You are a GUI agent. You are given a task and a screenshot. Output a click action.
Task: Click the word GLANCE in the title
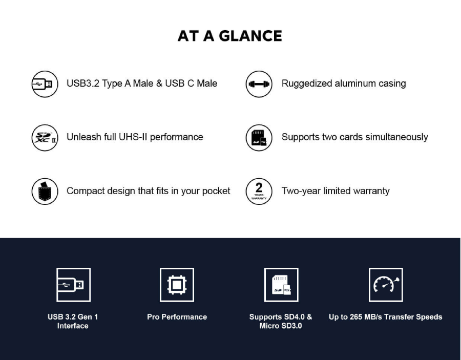(x=250, y=36)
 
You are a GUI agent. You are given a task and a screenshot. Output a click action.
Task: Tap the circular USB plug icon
(x=45, y=84)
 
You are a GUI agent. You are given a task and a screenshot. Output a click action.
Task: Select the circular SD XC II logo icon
(x=45, y=138)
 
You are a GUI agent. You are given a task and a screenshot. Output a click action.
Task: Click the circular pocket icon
(x=45, y=192)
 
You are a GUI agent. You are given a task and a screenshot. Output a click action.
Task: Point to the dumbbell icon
(x=259, y=84)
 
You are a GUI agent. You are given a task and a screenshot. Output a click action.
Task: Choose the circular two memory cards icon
(x=259, y=138)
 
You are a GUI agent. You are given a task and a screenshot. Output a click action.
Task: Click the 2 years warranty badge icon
(x=259, y=192)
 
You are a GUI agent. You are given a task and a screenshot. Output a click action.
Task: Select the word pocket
(x=216, y=192)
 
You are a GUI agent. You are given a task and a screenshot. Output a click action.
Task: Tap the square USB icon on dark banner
(x=73, y=285)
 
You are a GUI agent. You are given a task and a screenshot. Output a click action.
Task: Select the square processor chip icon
(x=177, y=285)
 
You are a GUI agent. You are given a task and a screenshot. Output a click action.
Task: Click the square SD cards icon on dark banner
(x=281, y=285)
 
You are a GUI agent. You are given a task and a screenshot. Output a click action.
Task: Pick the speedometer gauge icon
(x=386, y=285)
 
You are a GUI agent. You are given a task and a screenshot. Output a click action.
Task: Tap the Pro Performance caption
(x=177, y=317)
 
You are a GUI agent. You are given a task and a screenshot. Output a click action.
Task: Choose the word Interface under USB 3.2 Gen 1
(x=73, y=326)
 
